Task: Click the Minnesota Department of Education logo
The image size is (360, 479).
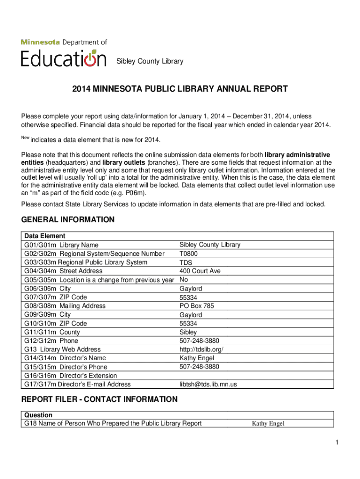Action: point(64,52)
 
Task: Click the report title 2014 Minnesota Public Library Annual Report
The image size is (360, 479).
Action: point(180,89)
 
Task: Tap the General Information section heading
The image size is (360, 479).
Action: point(68,219)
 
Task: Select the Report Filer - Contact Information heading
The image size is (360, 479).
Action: point(99,399)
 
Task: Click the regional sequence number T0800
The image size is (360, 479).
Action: point(188,254)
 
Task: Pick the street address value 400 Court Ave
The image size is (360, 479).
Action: point(200,271)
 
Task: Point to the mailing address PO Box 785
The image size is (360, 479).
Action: point(196,306)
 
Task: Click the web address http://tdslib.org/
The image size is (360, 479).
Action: point(204,349)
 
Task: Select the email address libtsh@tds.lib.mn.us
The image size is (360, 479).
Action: point(208,385)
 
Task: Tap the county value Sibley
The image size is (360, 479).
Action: point(188,332)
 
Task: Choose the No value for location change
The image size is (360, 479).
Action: point(184,280)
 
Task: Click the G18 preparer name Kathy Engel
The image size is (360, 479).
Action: point(268,424)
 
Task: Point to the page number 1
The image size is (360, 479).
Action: point(336,443)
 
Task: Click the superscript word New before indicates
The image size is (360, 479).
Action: point(25,137)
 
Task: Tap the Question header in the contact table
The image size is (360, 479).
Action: point(38,415)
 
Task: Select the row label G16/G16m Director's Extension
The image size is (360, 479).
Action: point(71,376)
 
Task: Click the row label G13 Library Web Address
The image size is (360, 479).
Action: point(62,349)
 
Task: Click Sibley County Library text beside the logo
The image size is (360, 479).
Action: point(150,61)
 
